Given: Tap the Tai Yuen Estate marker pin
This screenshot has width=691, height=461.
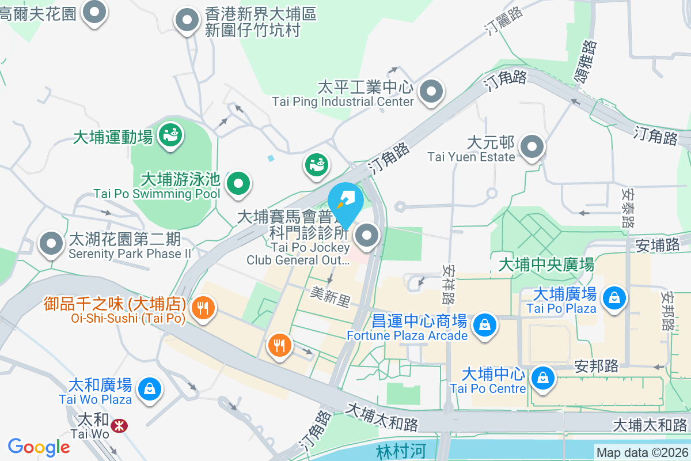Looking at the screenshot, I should [x=532, y=146].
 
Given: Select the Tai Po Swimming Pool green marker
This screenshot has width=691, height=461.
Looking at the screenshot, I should [x=238, y=184].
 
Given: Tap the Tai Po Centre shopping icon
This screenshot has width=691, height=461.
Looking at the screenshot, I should [x=542, y=378].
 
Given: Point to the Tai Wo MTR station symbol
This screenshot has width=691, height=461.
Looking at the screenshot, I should [x=120, y=426].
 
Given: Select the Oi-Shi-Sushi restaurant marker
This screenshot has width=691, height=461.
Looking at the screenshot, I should [x=203, y=307].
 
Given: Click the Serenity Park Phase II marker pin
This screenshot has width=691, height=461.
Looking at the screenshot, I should [x=51, y=244].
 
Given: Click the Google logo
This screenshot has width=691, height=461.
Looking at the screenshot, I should [x=39, y=447].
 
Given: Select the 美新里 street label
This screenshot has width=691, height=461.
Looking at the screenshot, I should [x=330, y=297].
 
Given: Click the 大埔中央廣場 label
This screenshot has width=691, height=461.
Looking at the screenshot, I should [x=546, y=264].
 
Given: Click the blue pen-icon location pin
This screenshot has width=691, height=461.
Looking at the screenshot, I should [x=345, y=203].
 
